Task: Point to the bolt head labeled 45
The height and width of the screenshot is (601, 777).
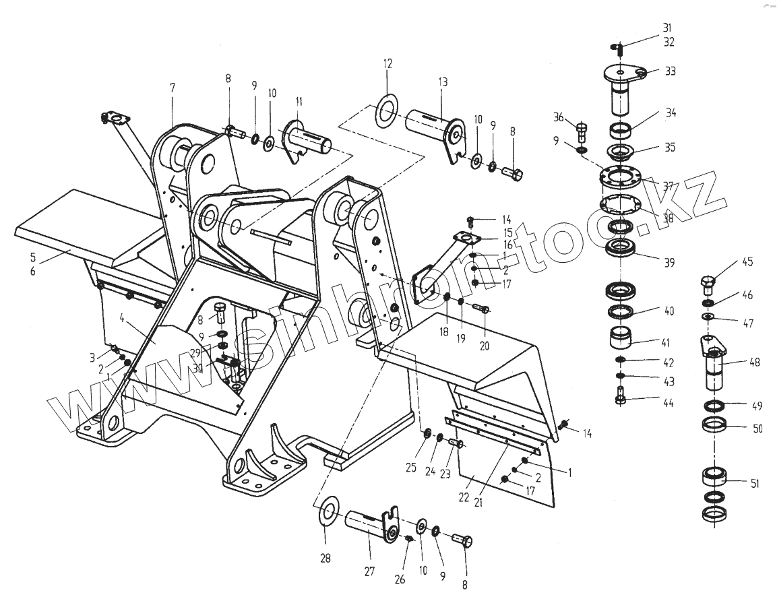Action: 708,283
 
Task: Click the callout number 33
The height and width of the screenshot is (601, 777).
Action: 670,71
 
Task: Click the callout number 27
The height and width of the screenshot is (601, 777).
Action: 369,572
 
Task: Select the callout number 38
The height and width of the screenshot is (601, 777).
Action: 668,218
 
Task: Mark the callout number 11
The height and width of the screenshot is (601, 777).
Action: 299,102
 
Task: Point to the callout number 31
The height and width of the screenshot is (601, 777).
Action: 667,28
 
